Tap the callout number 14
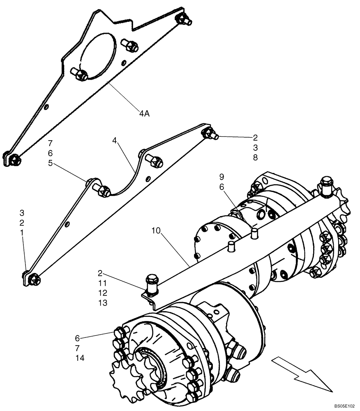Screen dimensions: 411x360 tap(80, 358)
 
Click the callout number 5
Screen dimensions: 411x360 tap(50, 163)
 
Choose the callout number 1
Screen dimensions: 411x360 tap(22, 233)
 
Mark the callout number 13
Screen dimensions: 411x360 tap(102, 303)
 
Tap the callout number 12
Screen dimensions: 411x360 tap(102, 293)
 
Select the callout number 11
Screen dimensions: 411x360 tap(102, 283)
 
